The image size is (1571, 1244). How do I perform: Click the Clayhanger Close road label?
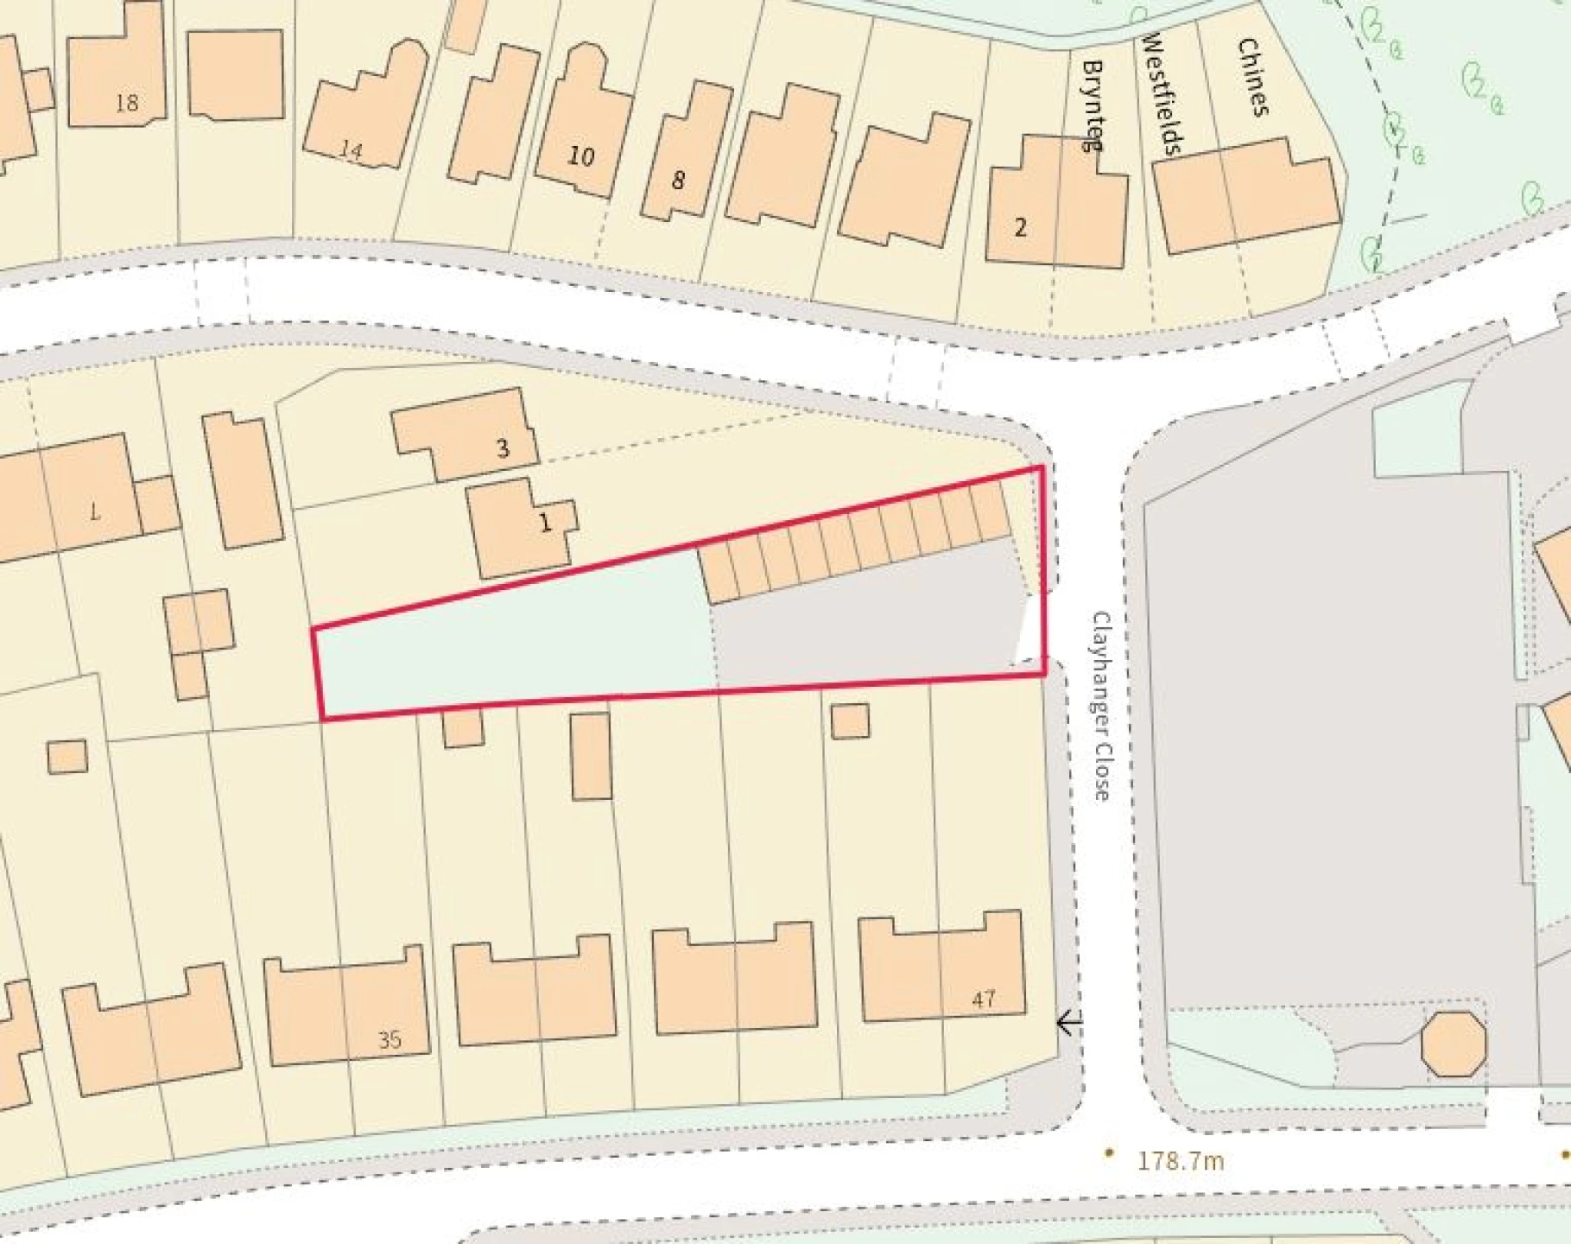1101,706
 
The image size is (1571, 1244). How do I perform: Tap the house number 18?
126,103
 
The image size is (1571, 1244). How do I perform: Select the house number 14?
351,149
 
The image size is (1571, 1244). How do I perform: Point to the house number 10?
581,156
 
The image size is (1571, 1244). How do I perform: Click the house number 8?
678,180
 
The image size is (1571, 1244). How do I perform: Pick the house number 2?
1021,227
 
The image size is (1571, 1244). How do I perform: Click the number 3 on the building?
503,448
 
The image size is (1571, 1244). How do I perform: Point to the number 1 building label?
544,523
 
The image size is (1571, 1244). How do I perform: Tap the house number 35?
390,1039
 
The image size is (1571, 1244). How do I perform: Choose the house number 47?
984,1000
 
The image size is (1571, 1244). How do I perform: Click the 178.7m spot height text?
1180,1160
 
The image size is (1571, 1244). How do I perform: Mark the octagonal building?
1454,1044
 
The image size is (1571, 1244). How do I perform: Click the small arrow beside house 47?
1069,1023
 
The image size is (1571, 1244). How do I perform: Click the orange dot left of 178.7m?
1109,1152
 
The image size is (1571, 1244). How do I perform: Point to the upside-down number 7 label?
95,511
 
